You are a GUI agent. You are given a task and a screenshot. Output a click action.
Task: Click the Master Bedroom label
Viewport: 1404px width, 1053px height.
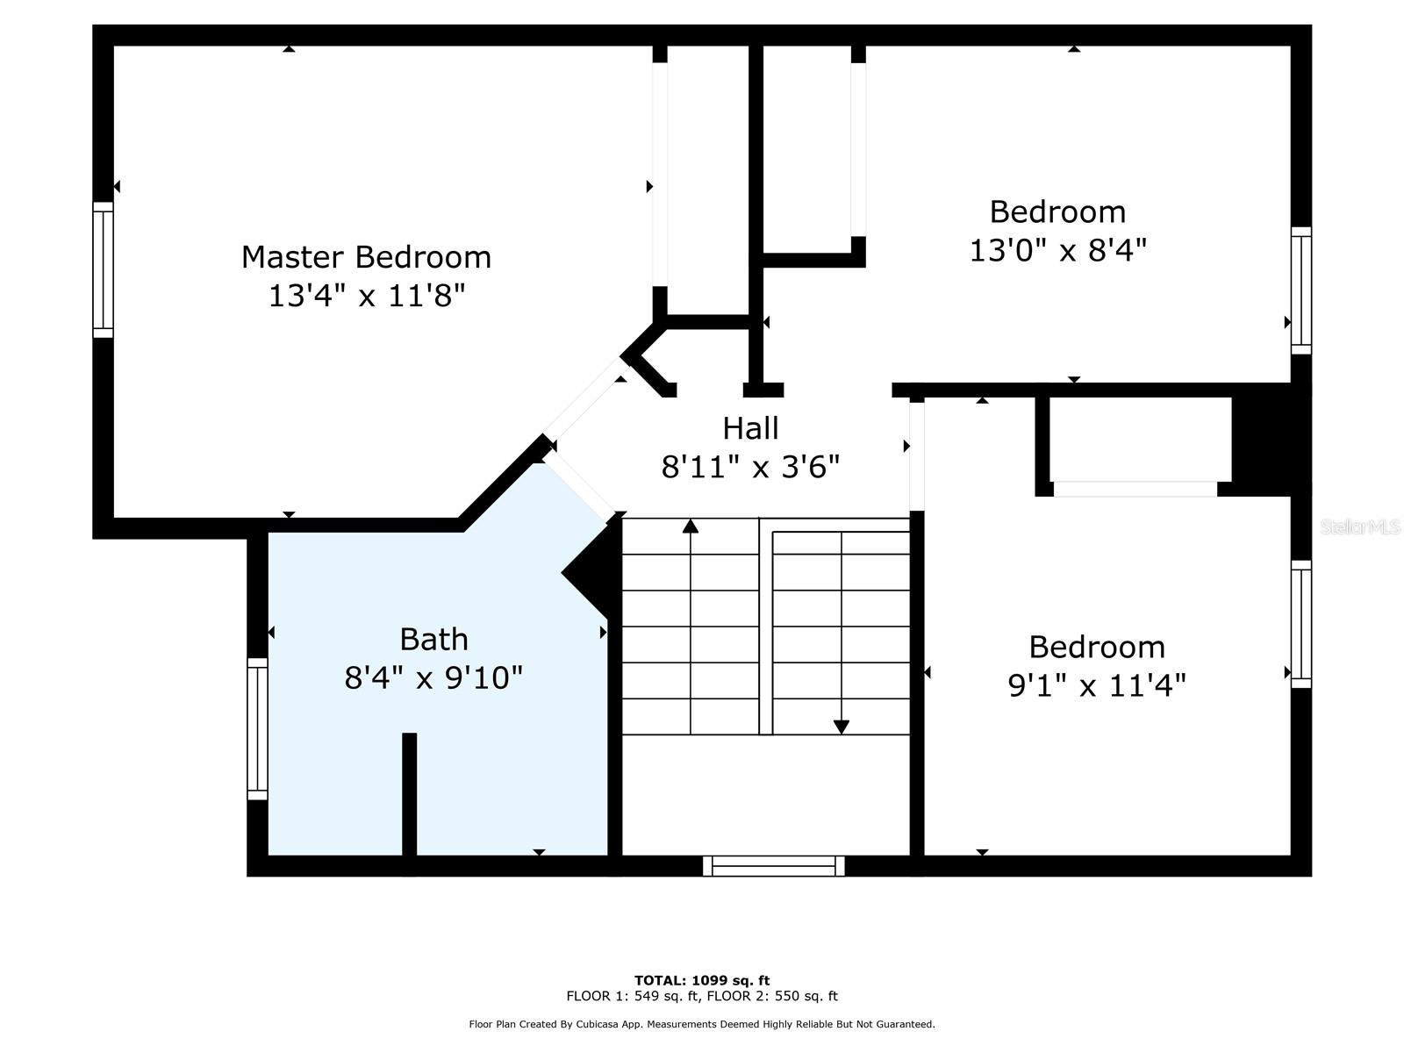tap(366, 257)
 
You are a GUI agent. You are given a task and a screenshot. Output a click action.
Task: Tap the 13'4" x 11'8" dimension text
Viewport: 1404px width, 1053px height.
tap(366, 296)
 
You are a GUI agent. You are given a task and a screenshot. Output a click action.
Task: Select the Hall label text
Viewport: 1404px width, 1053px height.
tap(750, 428)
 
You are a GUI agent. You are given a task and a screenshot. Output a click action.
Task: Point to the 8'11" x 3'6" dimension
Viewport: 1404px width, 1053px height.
tap(750, 467)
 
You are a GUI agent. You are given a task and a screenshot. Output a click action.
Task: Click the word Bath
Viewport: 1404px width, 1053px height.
tap(433, 639)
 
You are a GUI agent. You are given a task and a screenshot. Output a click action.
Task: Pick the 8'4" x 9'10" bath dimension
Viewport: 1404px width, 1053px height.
tap(433, 677)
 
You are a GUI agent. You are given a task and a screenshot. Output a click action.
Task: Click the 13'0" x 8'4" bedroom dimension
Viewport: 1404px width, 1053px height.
tap(1057, 251)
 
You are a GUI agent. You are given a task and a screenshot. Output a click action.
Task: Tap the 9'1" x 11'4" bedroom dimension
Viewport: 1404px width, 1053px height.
tap(1097, 684)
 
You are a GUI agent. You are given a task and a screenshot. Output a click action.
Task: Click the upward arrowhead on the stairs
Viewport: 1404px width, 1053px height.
tap(691, 526)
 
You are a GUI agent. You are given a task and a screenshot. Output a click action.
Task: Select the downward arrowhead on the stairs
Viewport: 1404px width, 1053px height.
tap(841, 727)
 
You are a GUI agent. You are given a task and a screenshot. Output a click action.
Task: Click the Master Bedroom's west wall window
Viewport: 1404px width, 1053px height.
tap(104, 269)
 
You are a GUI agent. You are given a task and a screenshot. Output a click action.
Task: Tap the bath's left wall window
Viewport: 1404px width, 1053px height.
tap(257, 728)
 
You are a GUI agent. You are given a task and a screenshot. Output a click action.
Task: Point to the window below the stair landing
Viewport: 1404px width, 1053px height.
tap(773, 866)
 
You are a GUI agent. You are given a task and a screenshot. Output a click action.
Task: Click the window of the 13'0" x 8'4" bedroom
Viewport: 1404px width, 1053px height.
tap(1300, 290)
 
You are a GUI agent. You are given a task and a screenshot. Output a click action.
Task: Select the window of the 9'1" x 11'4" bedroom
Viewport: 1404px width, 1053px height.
tap(1300, 624)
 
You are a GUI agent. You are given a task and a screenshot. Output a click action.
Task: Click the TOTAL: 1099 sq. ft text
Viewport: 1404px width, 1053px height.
tap(702, 980)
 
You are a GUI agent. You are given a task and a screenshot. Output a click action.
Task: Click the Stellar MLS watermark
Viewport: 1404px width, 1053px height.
tap(1359, 527)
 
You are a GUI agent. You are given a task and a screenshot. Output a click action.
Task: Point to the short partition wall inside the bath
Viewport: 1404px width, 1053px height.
tap(409, 792)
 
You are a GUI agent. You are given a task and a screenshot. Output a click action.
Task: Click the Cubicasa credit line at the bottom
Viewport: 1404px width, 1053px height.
tap(702, 1024)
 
